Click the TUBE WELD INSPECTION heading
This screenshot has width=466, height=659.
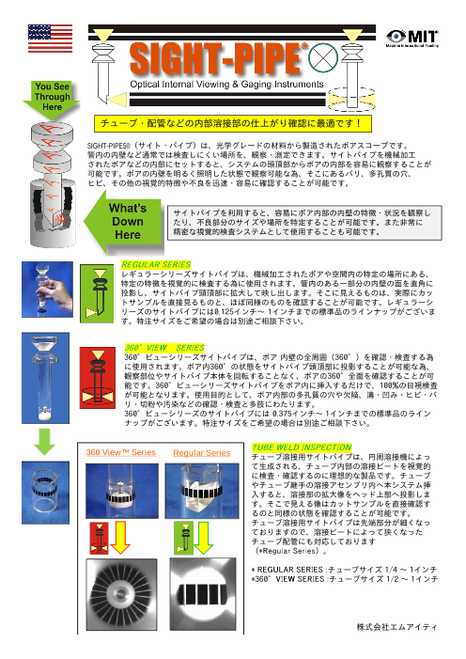297,446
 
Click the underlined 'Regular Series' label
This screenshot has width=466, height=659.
203,453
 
